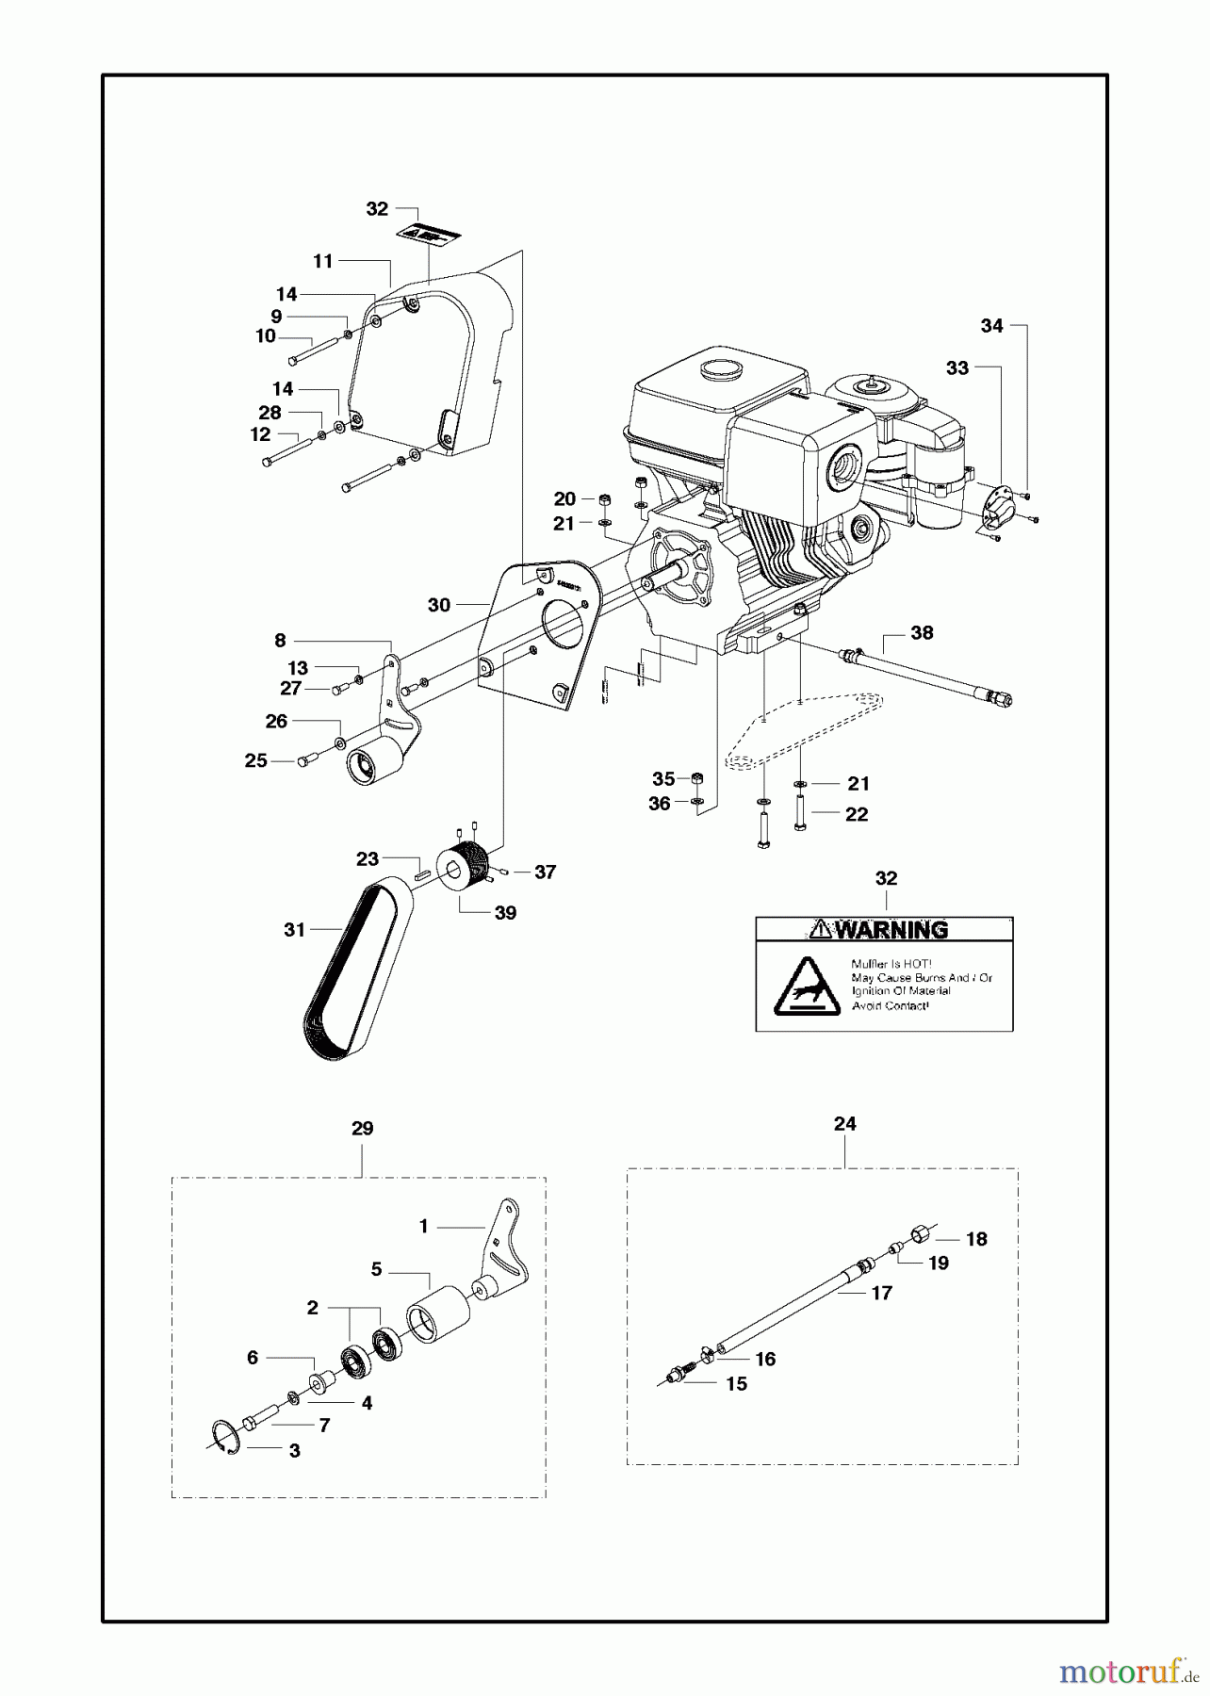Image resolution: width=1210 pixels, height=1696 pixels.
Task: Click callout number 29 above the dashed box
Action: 362,1129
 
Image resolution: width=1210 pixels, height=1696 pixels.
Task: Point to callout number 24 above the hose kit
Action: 844,1124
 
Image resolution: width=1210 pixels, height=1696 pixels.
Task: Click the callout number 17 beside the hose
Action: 881,1294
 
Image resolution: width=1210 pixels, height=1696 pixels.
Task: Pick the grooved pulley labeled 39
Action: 464,867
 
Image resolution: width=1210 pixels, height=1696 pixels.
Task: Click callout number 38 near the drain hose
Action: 922,633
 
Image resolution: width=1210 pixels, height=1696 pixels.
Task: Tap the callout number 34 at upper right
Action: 991,326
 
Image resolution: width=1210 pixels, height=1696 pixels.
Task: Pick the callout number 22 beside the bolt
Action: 856,814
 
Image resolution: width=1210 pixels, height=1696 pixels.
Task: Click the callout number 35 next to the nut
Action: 663,779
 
